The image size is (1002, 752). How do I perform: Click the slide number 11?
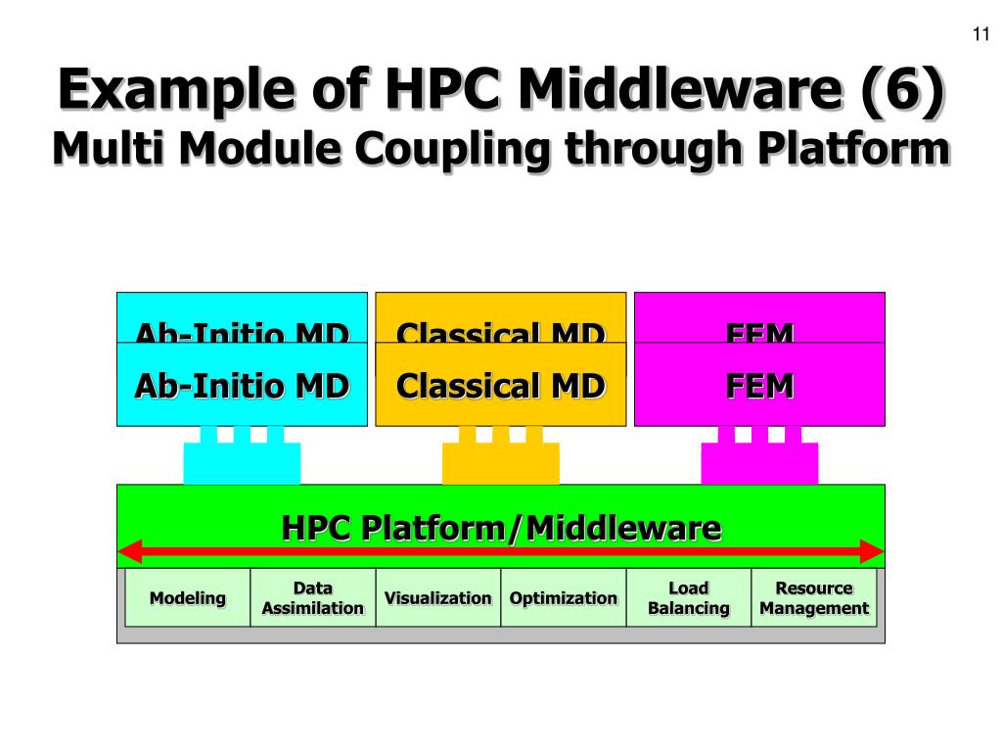coord(981,36)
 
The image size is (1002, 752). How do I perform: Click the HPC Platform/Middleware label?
coord(501,529)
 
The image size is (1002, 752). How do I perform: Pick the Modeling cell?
coord(188,598)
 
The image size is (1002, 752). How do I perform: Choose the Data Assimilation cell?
coord(313,598)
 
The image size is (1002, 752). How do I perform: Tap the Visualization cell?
coord(437,598)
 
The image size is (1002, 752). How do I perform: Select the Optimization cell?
coord(564,598)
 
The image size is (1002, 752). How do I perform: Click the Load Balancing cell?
coord(688,598)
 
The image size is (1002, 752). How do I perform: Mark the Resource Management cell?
coord(814,598)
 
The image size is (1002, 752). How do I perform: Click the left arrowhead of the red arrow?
coord(129,551)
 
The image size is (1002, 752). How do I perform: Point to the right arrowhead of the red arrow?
coord(872,551)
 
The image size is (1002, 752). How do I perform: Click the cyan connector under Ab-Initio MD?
coord(242,460)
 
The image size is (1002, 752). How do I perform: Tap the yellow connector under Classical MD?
coord(500,460)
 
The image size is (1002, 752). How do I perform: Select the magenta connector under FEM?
coord(759,460)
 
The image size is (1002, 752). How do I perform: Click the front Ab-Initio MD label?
coord(242,386)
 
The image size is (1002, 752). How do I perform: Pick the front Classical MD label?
coord(500,386)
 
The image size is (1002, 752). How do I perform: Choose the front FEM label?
coord(759,386)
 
